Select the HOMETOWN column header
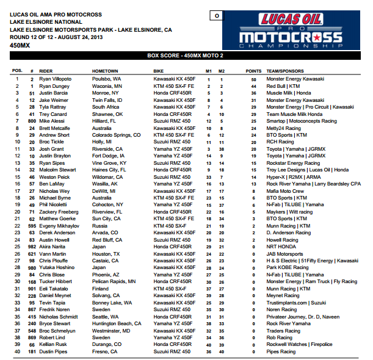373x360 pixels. pos(105,71)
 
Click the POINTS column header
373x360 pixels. pos(253,71)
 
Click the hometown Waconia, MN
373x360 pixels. pos(107,86)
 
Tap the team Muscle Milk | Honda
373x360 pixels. pos(289,93)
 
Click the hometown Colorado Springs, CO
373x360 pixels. pos(116,135)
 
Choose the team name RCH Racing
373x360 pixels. pos(280,142)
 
